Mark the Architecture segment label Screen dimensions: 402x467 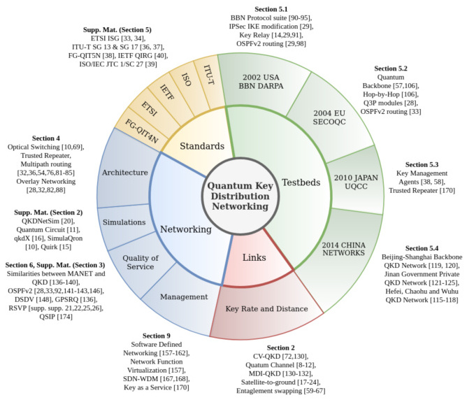(124, 172)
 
